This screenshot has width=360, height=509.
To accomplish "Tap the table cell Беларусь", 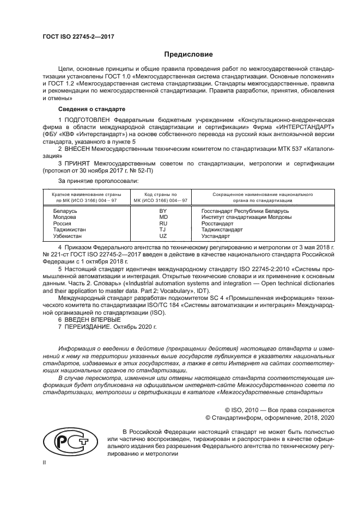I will (65, 210).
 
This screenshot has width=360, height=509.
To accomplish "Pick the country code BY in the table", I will (162, 210).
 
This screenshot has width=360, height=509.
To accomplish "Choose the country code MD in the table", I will (162, 217).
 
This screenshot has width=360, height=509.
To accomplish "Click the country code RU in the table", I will (162, 223).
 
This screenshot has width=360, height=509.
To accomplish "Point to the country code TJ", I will (162, 230).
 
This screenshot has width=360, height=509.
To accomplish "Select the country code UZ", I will (162, 236).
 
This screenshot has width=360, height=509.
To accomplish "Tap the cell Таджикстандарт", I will (222, 230).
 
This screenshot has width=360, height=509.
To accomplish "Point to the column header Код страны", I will (161, 194).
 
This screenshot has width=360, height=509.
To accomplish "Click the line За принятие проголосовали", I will (98, 180).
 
